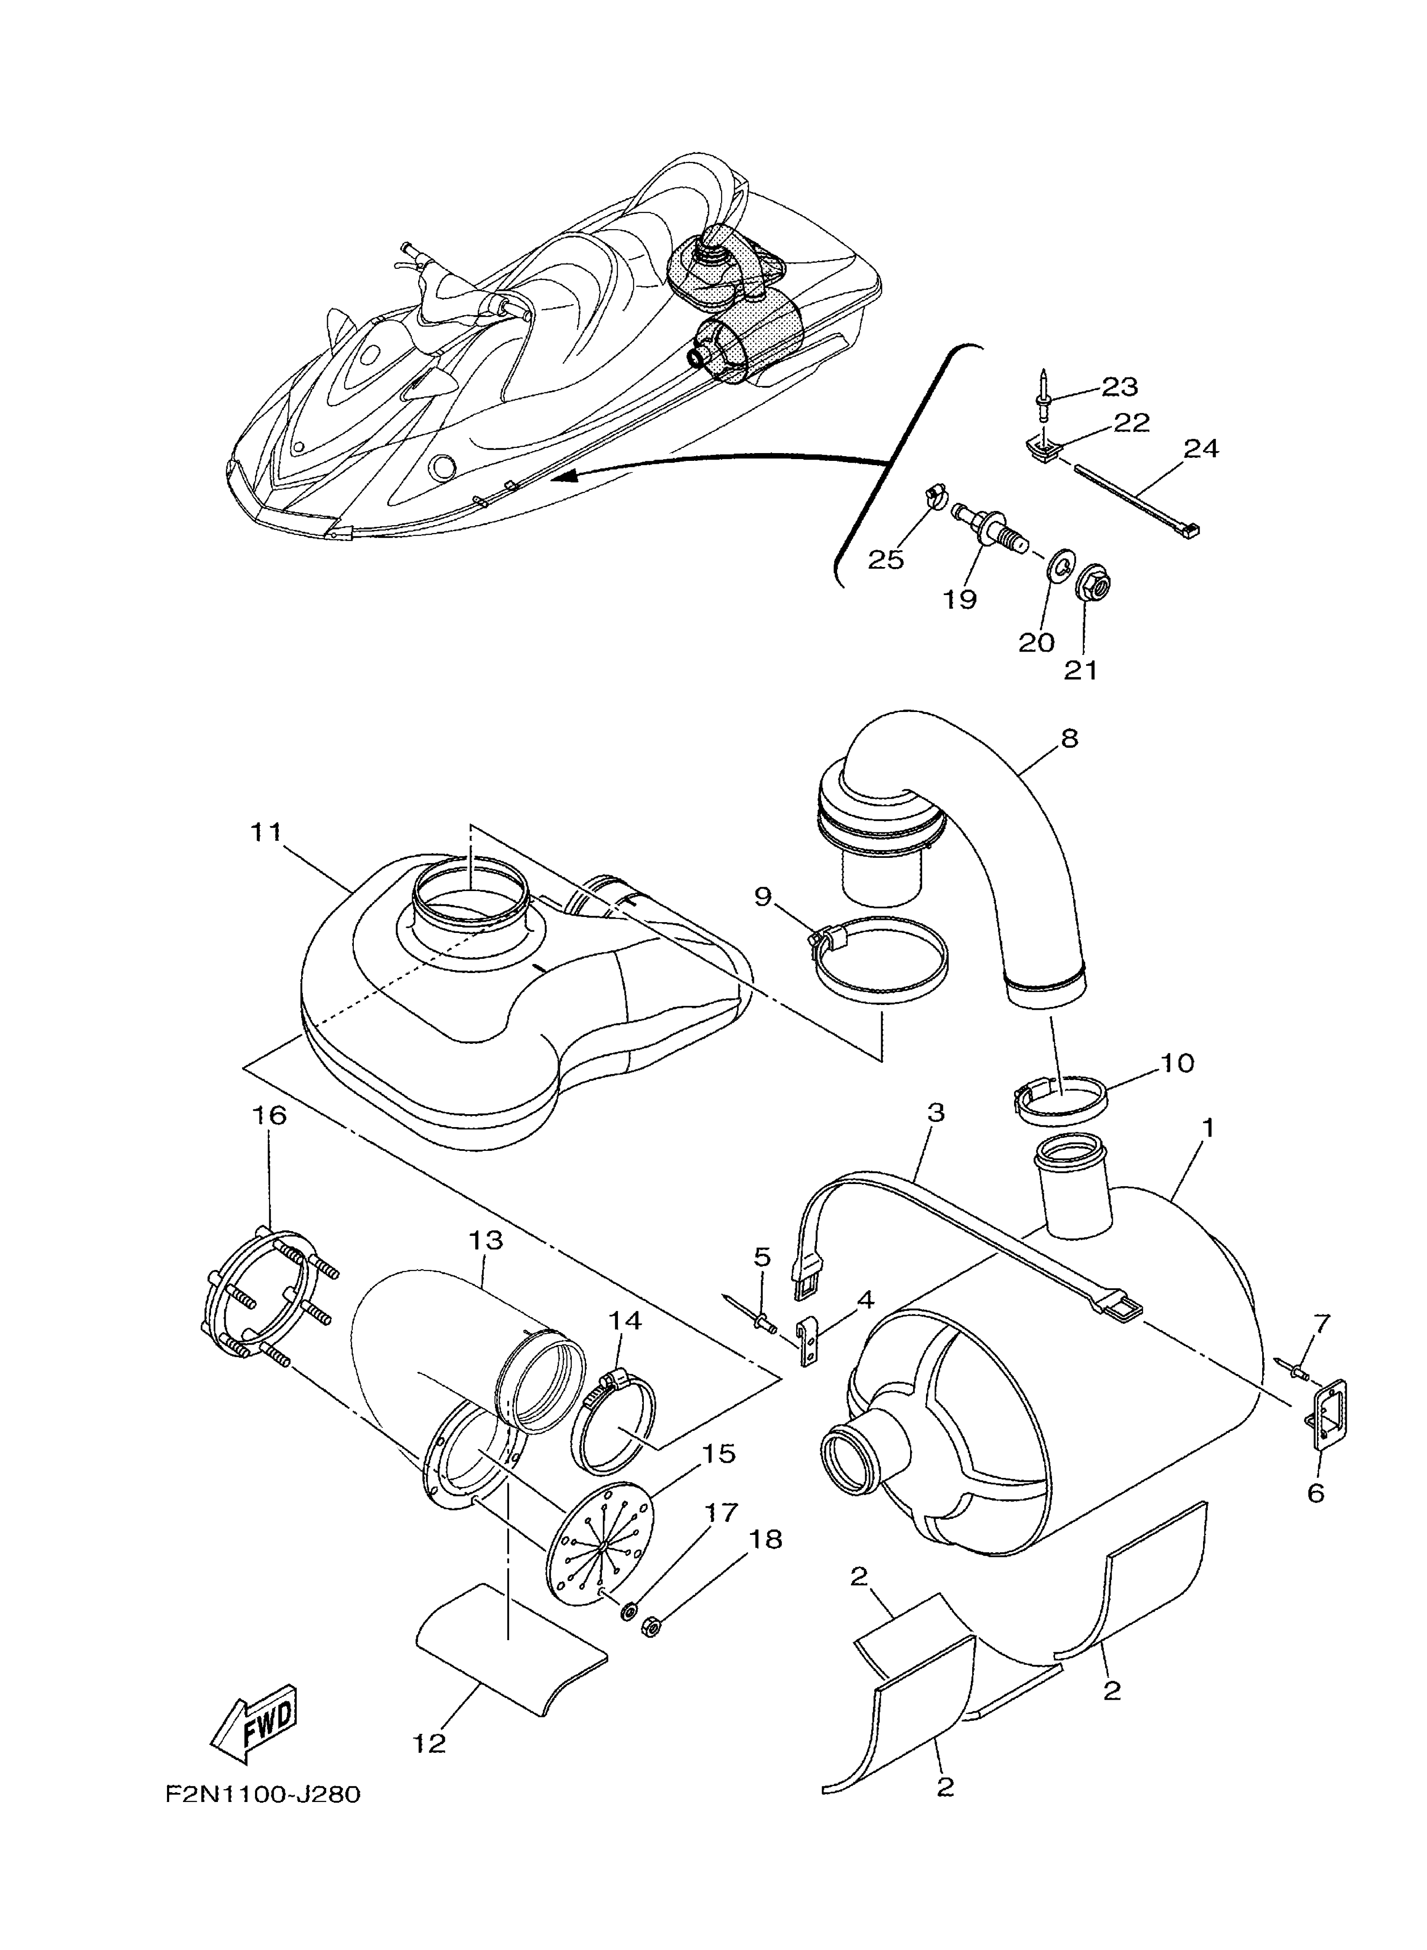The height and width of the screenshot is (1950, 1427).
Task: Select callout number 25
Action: pos(885,560)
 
